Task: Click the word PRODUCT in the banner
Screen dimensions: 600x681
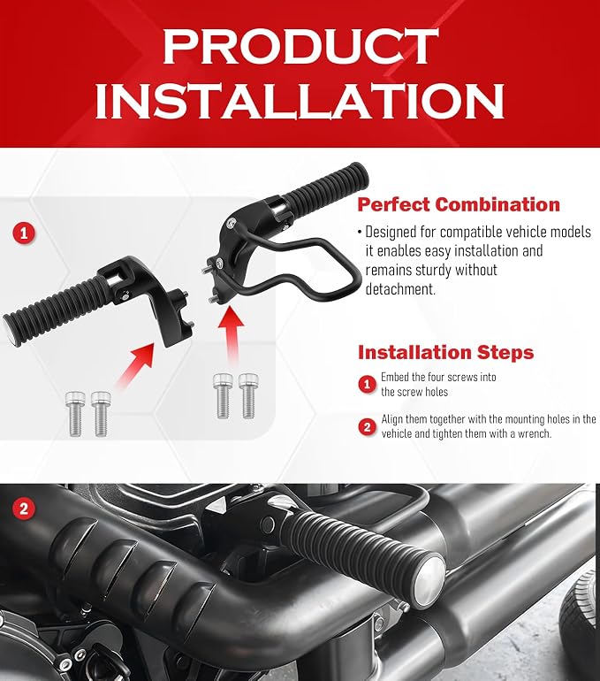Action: pyautogui.click(x=300, y=46)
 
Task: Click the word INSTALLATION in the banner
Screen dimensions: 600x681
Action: pyautogui.click(x=300, y=101)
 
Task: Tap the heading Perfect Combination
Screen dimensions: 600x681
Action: pyautogui.click(x=459, y=204)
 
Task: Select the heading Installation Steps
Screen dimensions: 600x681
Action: pyautogui.click(x=445, y=352)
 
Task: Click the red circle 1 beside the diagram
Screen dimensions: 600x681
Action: pyautogui.click(x=24, y=233)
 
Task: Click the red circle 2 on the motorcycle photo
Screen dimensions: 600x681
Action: pyautogui.click(x=24, y=509)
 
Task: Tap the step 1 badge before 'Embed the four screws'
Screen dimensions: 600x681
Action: pyautogui.click(x=367, y=384)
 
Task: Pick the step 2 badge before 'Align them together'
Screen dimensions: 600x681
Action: pyautogui.click(x=367, y=427)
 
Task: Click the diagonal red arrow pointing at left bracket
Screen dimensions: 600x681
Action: pyautogui.click(x=135, y=364)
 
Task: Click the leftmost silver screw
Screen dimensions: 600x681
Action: pyautogui.click(x=75, y=413)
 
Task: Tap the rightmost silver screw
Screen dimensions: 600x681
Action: pyautogui.click(x=248, y=395)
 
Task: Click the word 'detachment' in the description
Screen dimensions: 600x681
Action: pyautogui.click(x=400, y=289)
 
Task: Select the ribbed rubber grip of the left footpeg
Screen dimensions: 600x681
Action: pyautogui.click(x=52, y=307)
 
